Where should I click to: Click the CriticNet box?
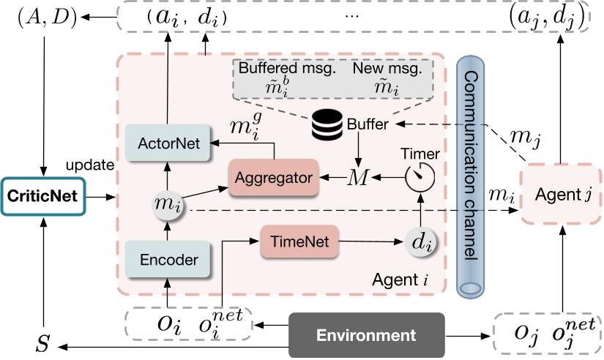click(43, 196)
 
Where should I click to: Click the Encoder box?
click(168, 259)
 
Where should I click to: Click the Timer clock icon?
click(420, 176)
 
